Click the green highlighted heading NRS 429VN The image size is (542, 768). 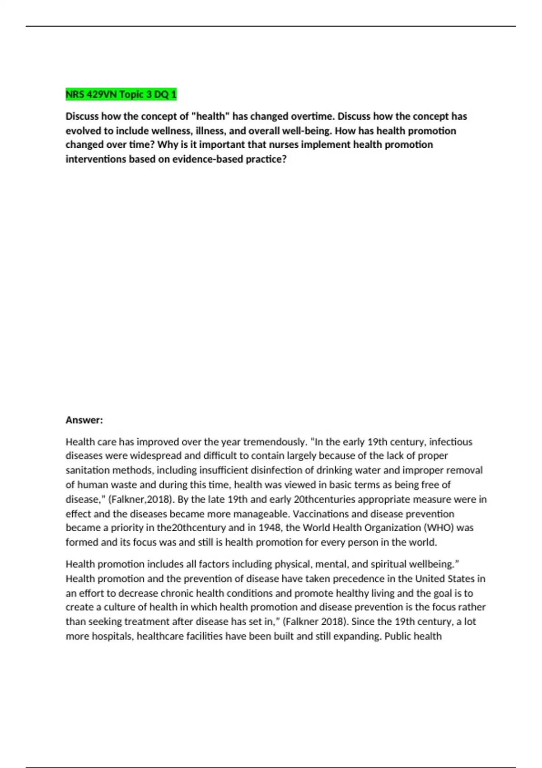point(121,94)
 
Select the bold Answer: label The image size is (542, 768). point(84,420)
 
